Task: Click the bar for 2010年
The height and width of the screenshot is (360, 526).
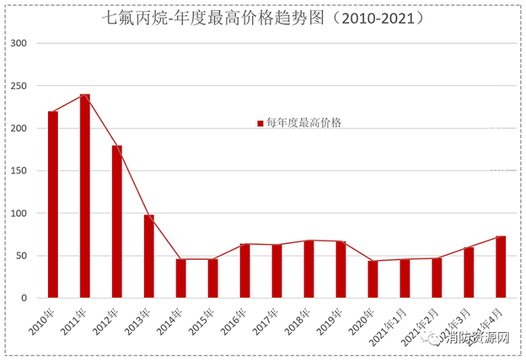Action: tap(53, 205)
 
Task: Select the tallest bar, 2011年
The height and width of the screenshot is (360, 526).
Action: tap(85, 197)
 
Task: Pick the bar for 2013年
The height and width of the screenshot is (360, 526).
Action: tap(149, 257)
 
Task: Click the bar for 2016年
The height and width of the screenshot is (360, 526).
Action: tap(244, 271)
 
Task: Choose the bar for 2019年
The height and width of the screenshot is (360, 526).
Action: tap(340, 269)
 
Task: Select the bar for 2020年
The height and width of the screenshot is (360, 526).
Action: tap(373, 279)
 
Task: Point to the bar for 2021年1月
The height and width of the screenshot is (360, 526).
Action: tap(405, 279)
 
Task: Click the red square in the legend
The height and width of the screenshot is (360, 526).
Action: tap(261, 123)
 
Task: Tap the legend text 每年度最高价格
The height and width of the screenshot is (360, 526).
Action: tap(304, 123)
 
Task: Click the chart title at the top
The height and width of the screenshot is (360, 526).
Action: tap(264, 16)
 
